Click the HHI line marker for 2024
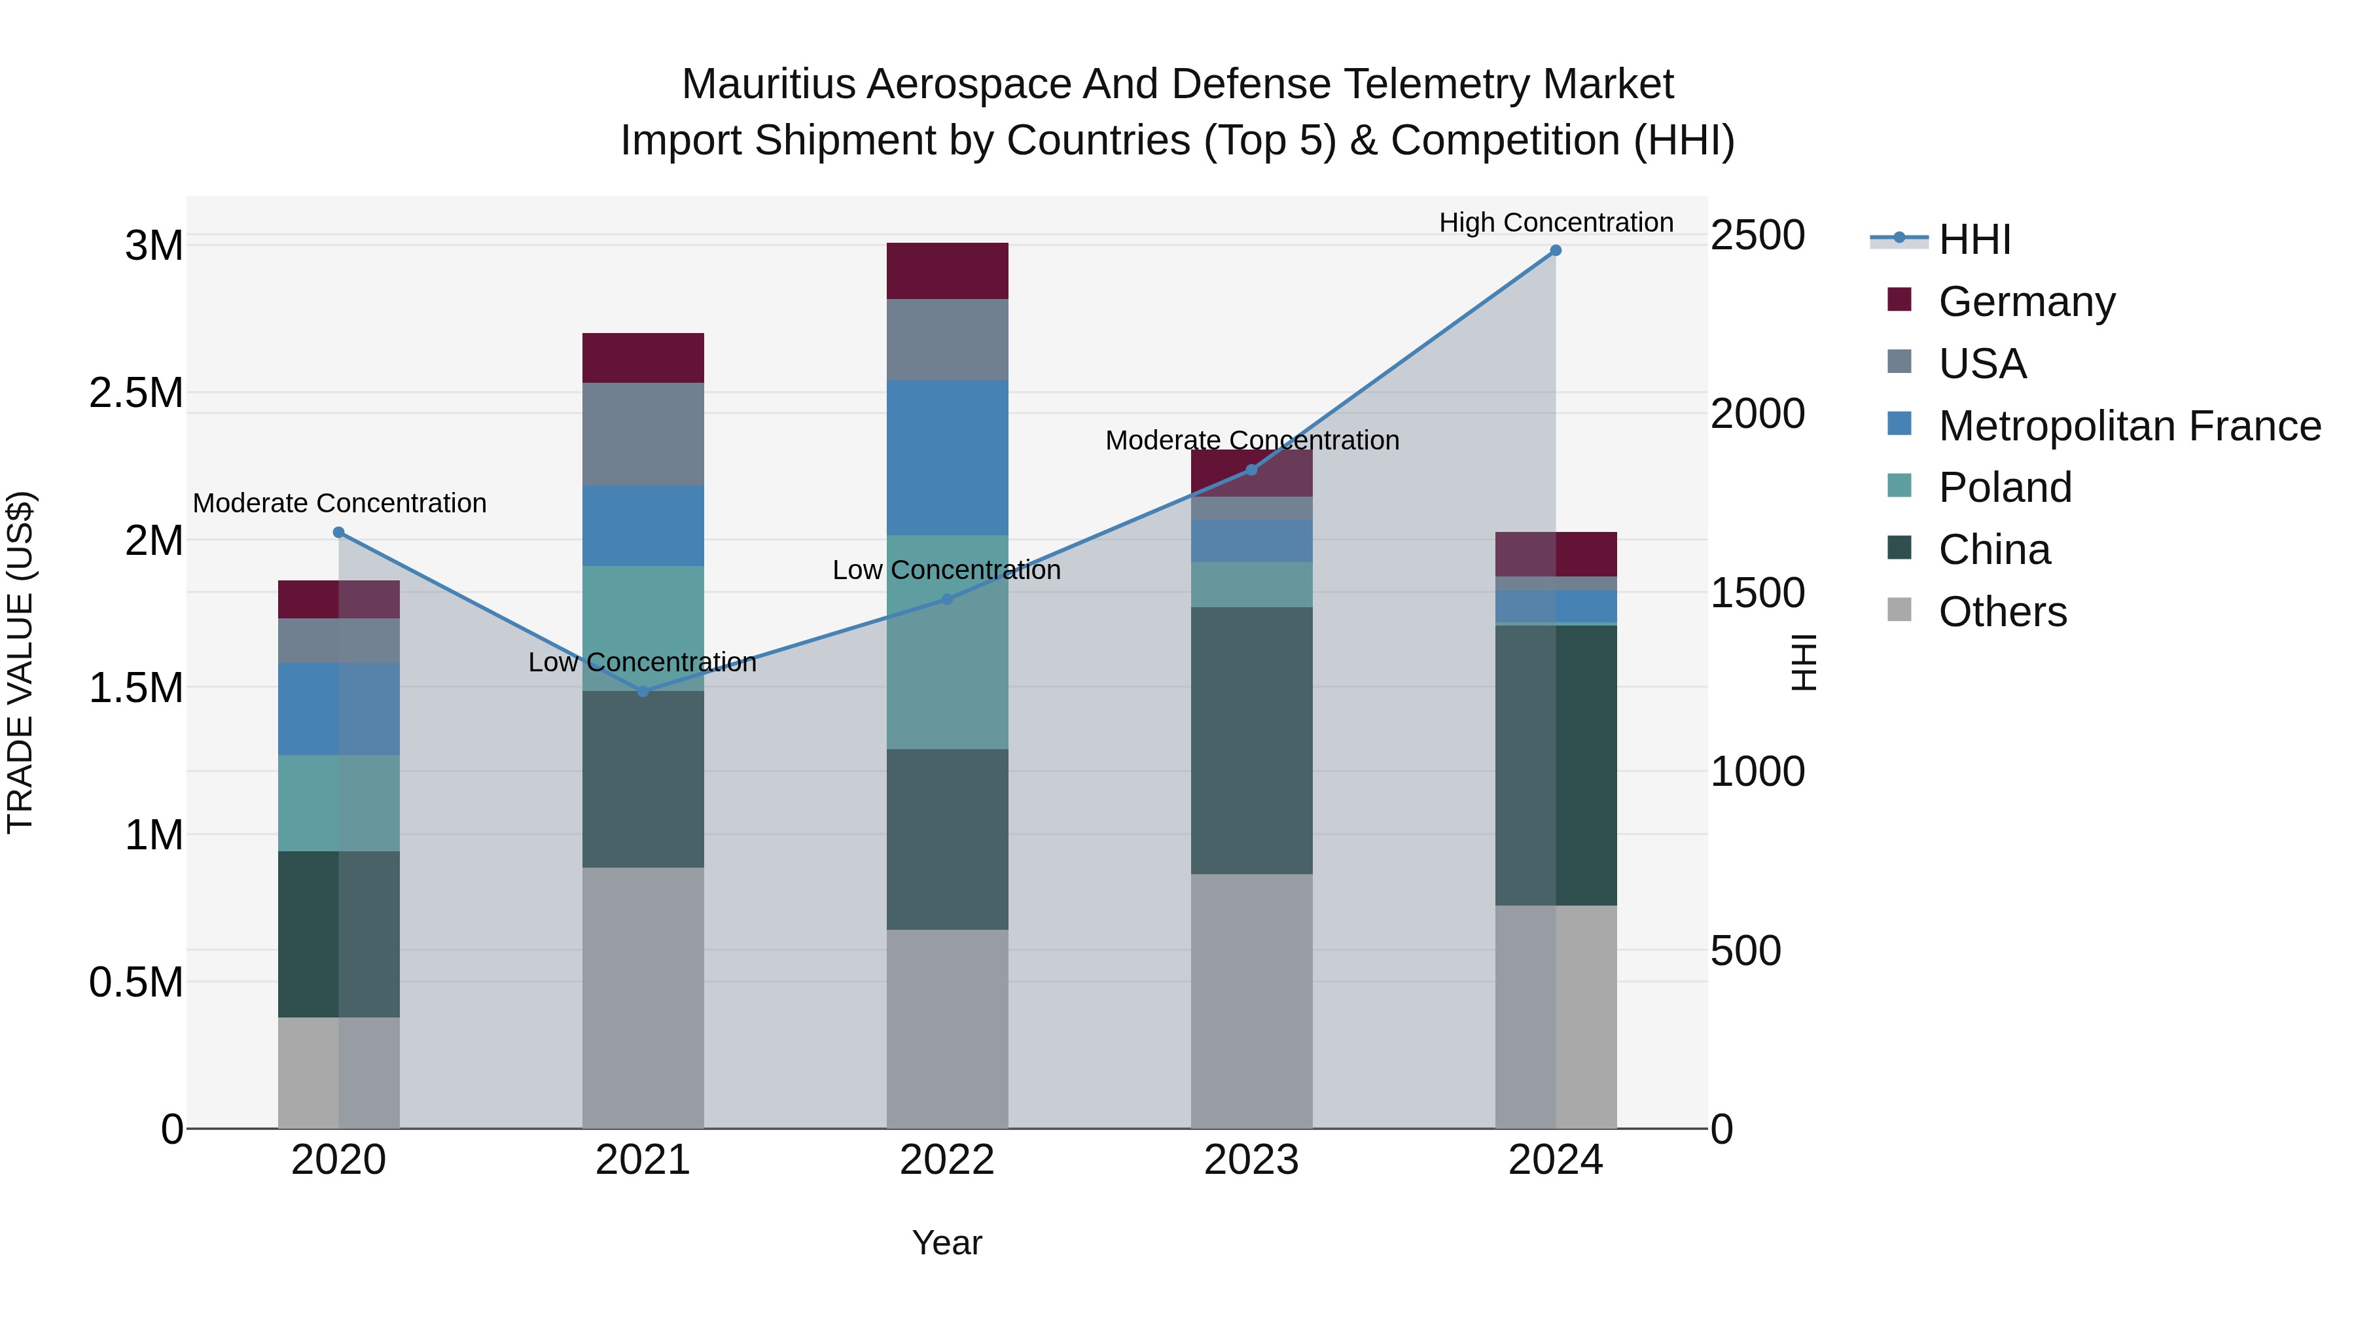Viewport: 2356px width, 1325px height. point(1555,251)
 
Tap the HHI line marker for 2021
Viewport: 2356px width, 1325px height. point(643,692)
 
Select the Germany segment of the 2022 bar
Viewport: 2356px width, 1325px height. point(948,271)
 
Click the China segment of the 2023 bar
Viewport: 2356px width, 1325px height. point(1251,740)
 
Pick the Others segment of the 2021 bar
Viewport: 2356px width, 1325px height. point(643,997)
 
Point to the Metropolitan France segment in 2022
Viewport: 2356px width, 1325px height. point(948,457)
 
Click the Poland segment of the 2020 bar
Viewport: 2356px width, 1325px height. point(338,803)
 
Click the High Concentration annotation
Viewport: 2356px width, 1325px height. point(1556,222)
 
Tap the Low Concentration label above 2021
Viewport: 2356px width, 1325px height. point(642,662)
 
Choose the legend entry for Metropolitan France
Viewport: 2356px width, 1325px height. point(2129,426)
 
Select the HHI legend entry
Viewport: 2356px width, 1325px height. point(1974,239)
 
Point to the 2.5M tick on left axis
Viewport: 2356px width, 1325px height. point(136,393)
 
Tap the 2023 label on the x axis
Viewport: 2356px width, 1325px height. point(1251,1160)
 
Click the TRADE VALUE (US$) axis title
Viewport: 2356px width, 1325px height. point(20,662)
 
